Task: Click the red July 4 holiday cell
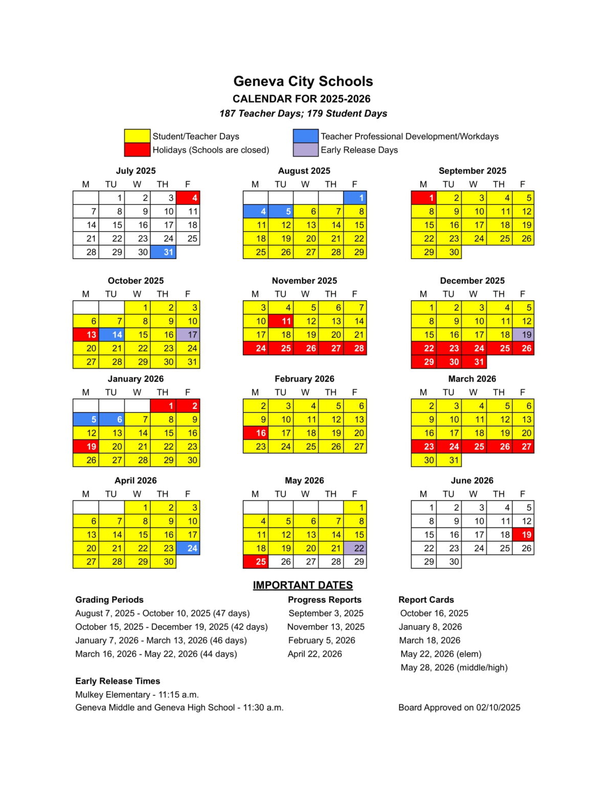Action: point(188,198)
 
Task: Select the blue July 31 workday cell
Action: point(163,252)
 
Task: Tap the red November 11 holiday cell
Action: point(280,321)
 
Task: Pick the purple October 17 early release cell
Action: point(188,335)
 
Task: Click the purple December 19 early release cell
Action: point(523,335)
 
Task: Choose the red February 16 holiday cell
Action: point(255,433)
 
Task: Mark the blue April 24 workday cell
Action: point(188,548)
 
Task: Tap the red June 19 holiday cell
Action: point(523,535)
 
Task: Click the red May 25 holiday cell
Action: point(255,562)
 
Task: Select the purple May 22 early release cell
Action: point(355,548)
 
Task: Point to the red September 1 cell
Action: point(424,198)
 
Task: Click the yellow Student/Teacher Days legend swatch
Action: point(137,136)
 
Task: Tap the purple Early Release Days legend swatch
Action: point(305,150)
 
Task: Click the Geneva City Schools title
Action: point(303,81)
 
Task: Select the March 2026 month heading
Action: point(471,379)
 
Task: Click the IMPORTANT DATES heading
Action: point(303,585)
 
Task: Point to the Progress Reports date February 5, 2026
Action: point(321,640)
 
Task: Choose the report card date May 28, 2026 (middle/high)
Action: point(454,667)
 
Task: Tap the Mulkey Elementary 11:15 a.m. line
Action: point(137,695)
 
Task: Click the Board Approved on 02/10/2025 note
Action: point(459,707)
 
